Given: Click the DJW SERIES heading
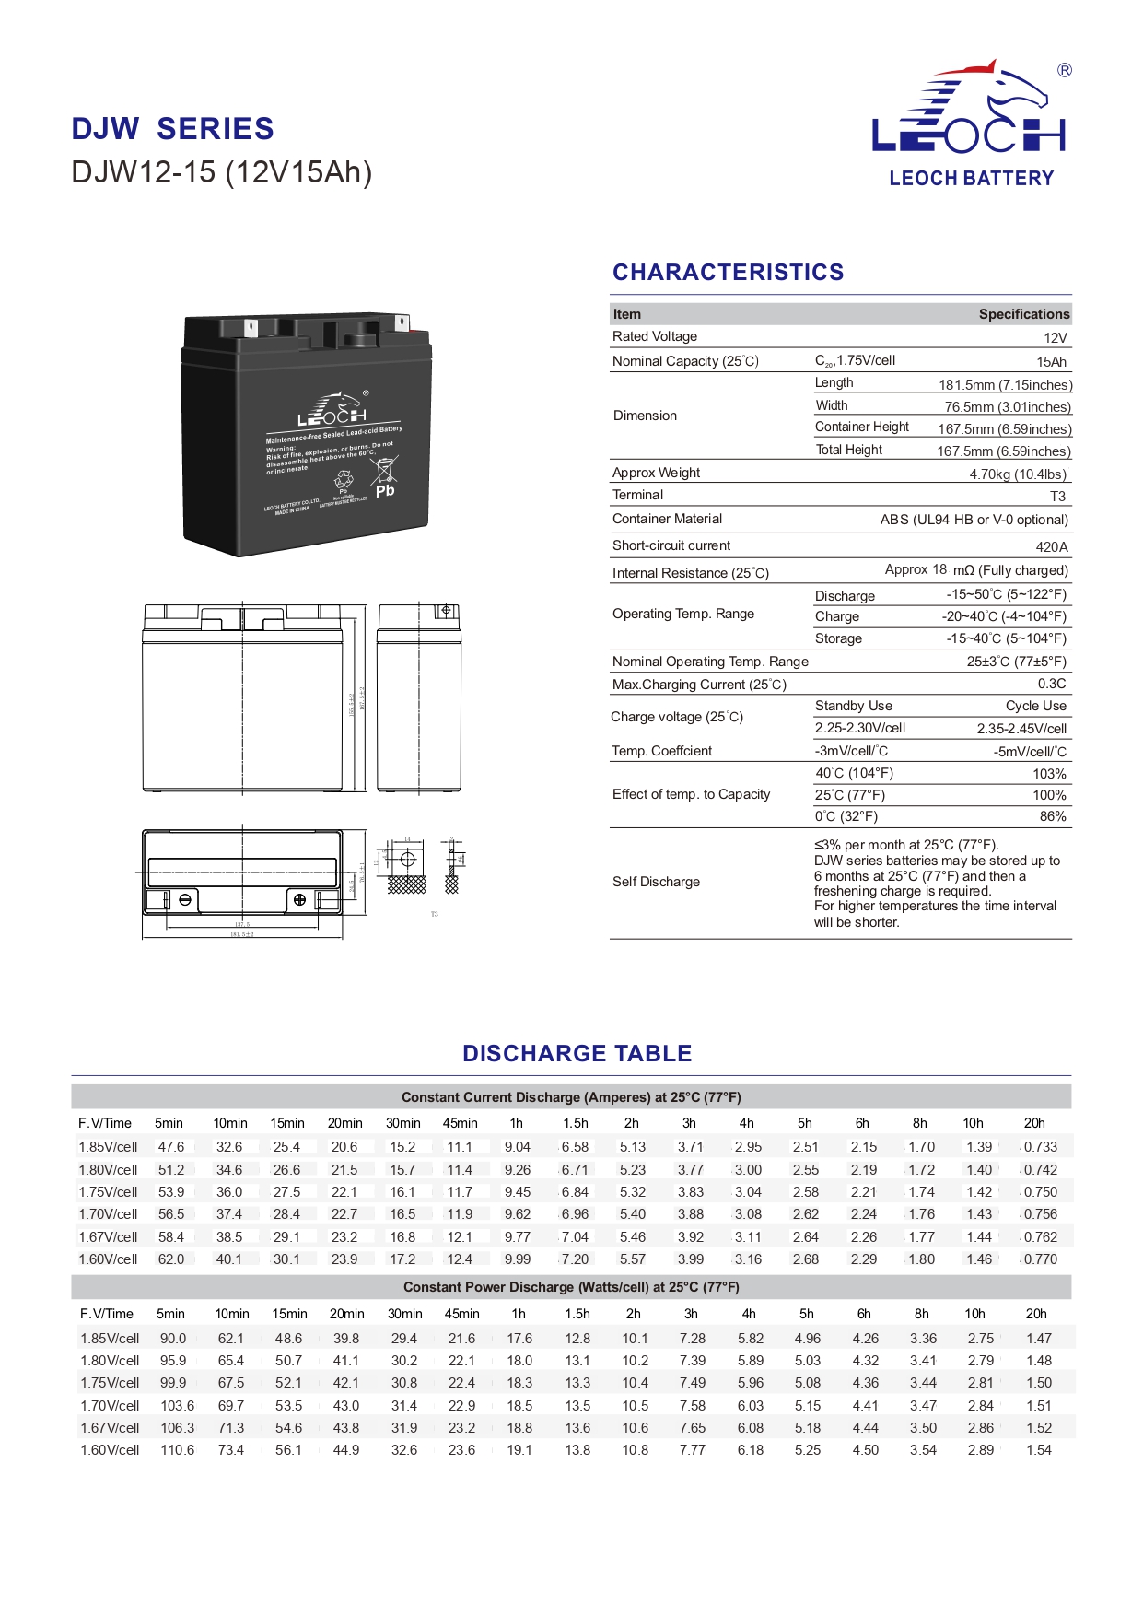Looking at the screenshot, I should coord(172,129).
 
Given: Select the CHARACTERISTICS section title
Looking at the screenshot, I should coord(728,272).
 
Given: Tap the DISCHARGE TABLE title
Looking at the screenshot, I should coord(577,1053).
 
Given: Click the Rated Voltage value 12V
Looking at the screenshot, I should coord(1056,338).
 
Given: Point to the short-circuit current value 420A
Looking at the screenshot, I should coord(1052,546).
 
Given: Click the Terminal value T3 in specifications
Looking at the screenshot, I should coord(1057,497).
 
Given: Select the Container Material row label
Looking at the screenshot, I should coord(667,519).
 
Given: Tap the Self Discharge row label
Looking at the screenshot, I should coord(656,882).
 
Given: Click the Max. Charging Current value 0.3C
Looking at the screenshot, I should coord(1052,684).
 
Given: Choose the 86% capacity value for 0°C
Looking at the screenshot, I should coord(1053,816).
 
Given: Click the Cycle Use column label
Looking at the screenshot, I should coord(1035,706).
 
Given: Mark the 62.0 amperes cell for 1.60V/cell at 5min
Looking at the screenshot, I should coord(171,1259).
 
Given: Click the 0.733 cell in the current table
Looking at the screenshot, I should coord(1041,1147).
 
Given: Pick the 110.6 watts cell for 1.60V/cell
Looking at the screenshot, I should coord(178,1450).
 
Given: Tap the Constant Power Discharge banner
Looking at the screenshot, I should coord(571,1287).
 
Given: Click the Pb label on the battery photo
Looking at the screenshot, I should coord(385,491).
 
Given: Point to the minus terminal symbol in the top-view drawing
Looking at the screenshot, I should coord(185,899).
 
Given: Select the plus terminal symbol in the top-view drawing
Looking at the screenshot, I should coord(299,899).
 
